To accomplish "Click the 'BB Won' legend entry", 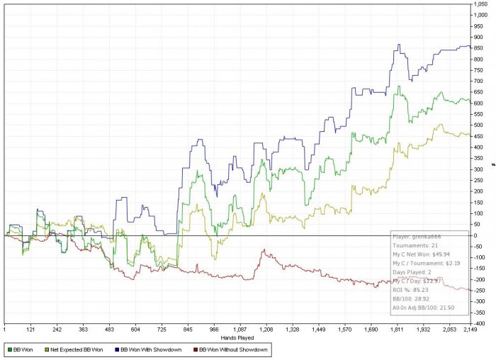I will coord(21,350).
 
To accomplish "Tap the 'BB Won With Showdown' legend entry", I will coord(145,350).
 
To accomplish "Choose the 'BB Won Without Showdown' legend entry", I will coord(226,350).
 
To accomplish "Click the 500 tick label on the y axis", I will coord(479,125).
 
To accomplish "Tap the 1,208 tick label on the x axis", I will coord(266,330).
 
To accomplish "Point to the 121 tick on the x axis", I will coord(30,330).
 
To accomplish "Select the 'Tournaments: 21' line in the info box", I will coord(415,248).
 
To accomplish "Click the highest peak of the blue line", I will coord(399,45).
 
